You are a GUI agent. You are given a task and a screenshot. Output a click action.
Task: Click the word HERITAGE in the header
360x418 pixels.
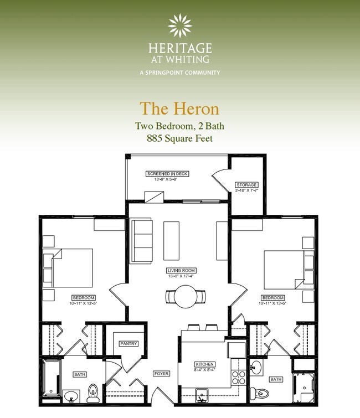179,48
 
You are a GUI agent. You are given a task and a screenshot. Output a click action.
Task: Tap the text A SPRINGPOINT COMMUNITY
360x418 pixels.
179,73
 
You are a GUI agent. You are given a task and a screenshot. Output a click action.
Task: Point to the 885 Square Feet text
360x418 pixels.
179,138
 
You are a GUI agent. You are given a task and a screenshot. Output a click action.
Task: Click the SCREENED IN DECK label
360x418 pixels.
167,173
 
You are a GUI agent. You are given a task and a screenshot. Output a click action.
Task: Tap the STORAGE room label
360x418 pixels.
246,185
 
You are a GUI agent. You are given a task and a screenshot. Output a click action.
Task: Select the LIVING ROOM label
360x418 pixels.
182,271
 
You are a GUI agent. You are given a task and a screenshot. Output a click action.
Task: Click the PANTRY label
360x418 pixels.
128,344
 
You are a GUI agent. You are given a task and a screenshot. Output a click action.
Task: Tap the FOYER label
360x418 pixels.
161,374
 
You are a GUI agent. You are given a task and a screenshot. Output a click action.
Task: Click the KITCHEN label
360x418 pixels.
204,364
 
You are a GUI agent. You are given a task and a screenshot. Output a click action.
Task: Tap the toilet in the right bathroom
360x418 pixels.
263,394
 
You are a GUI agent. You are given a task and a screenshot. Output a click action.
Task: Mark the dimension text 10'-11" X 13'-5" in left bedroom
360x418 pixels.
84,303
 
